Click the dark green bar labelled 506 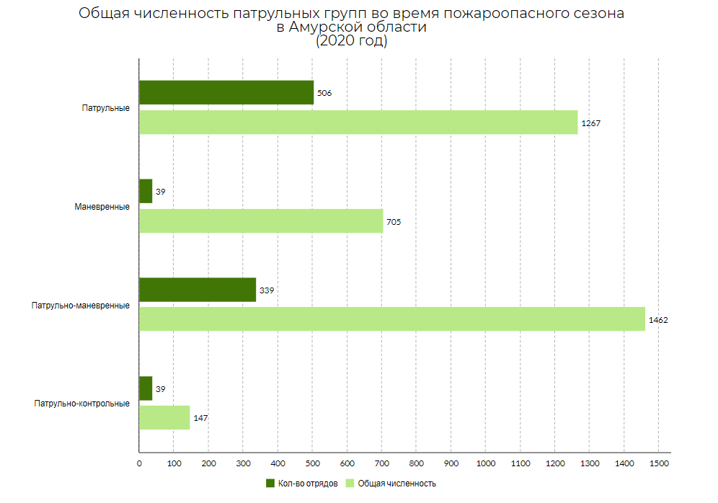(x=226, y=92)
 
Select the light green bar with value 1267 (x=358, y=123)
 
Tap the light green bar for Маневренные (x=261, y=221)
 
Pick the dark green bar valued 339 (x=198, y=290)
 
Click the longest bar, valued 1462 (x=391, y=319)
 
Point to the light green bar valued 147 (x=164, y=418)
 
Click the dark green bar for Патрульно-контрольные (x=146, y=388)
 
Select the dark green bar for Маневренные (x=146, y=191)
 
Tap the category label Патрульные (x=105, y=108)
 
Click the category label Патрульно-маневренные (x=81, y=306)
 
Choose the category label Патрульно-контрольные (x=81, y=404)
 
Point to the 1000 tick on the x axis (x=485, y=463)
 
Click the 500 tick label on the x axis (x=312, y=463)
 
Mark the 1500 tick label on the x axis (x=659, y=463)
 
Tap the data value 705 (x=394, y=222)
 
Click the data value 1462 (x=659, y=320)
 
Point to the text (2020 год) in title (x=352, y=41)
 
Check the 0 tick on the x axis (x=139, y=463)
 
